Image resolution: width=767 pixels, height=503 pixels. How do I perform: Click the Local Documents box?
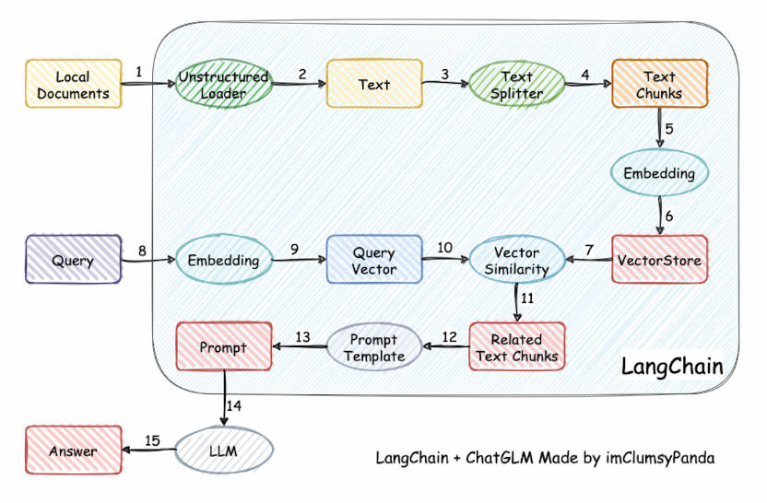[x=74, y=83]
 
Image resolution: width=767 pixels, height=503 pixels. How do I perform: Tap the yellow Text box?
[x=373, y=84]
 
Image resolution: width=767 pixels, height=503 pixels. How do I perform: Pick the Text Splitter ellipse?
[x=516, y=84]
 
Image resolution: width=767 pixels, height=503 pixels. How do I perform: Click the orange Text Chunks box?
[x=659, y=84]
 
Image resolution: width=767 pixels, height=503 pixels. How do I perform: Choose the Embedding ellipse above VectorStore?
[x=659, y=172]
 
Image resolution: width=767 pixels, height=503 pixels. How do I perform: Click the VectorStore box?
[x=659, y=261]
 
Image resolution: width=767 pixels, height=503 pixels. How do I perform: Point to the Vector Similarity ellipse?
[x=516, y=261]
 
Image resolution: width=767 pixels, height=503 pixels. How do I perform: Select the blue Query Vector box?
[x=373, y=261]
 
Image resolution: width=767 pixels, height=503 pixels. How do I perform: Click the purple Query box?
[x=74, y=261]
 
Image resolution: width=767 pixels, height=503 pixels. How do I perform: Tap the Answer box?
[x=74, y=450]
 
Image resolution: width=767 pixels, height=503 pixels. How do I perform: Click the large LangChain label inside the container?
[x=671, y=366]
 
